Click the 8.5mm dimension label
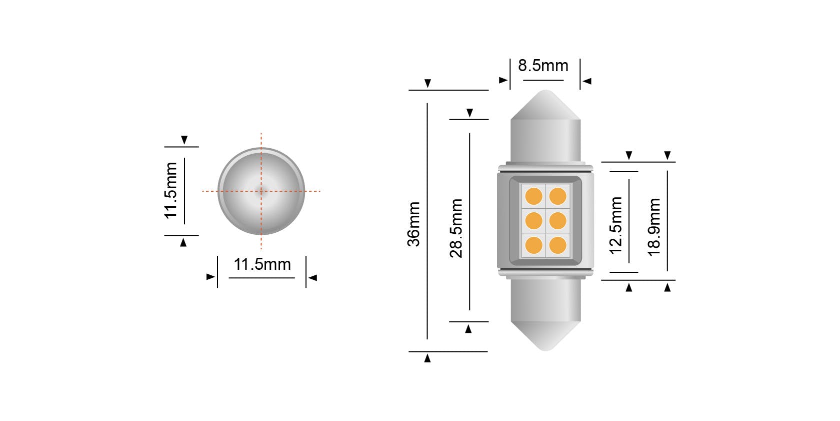click(x=543, y=66)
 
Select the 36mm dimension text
click(x=414, y=224)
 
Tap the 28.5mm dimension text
click(x=456, y=228)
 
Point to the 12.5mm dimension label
click(x=616, y=225)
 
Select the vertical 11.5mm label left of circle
click(x=171, y=190)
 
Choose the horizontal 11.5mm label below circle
click(x=262, y=264)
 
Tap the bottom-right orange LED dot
click(x=557, y=245)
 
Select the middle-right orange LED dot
click(x=557, y=220)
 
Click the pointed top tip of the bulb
click(x=546, y=92)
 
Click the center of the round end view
click(x=261, y=191)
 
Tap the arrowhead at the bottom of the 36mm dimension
click(x=427, y=358)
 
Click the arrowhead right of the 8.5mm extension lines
click(x=587, y=81)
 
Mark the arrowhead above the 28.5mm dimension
click(x=469, y=113)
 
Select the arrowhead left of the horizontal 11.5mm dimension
click(x=210, y=277)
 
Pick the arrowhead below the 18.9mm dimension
click(x=667, y=287)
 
